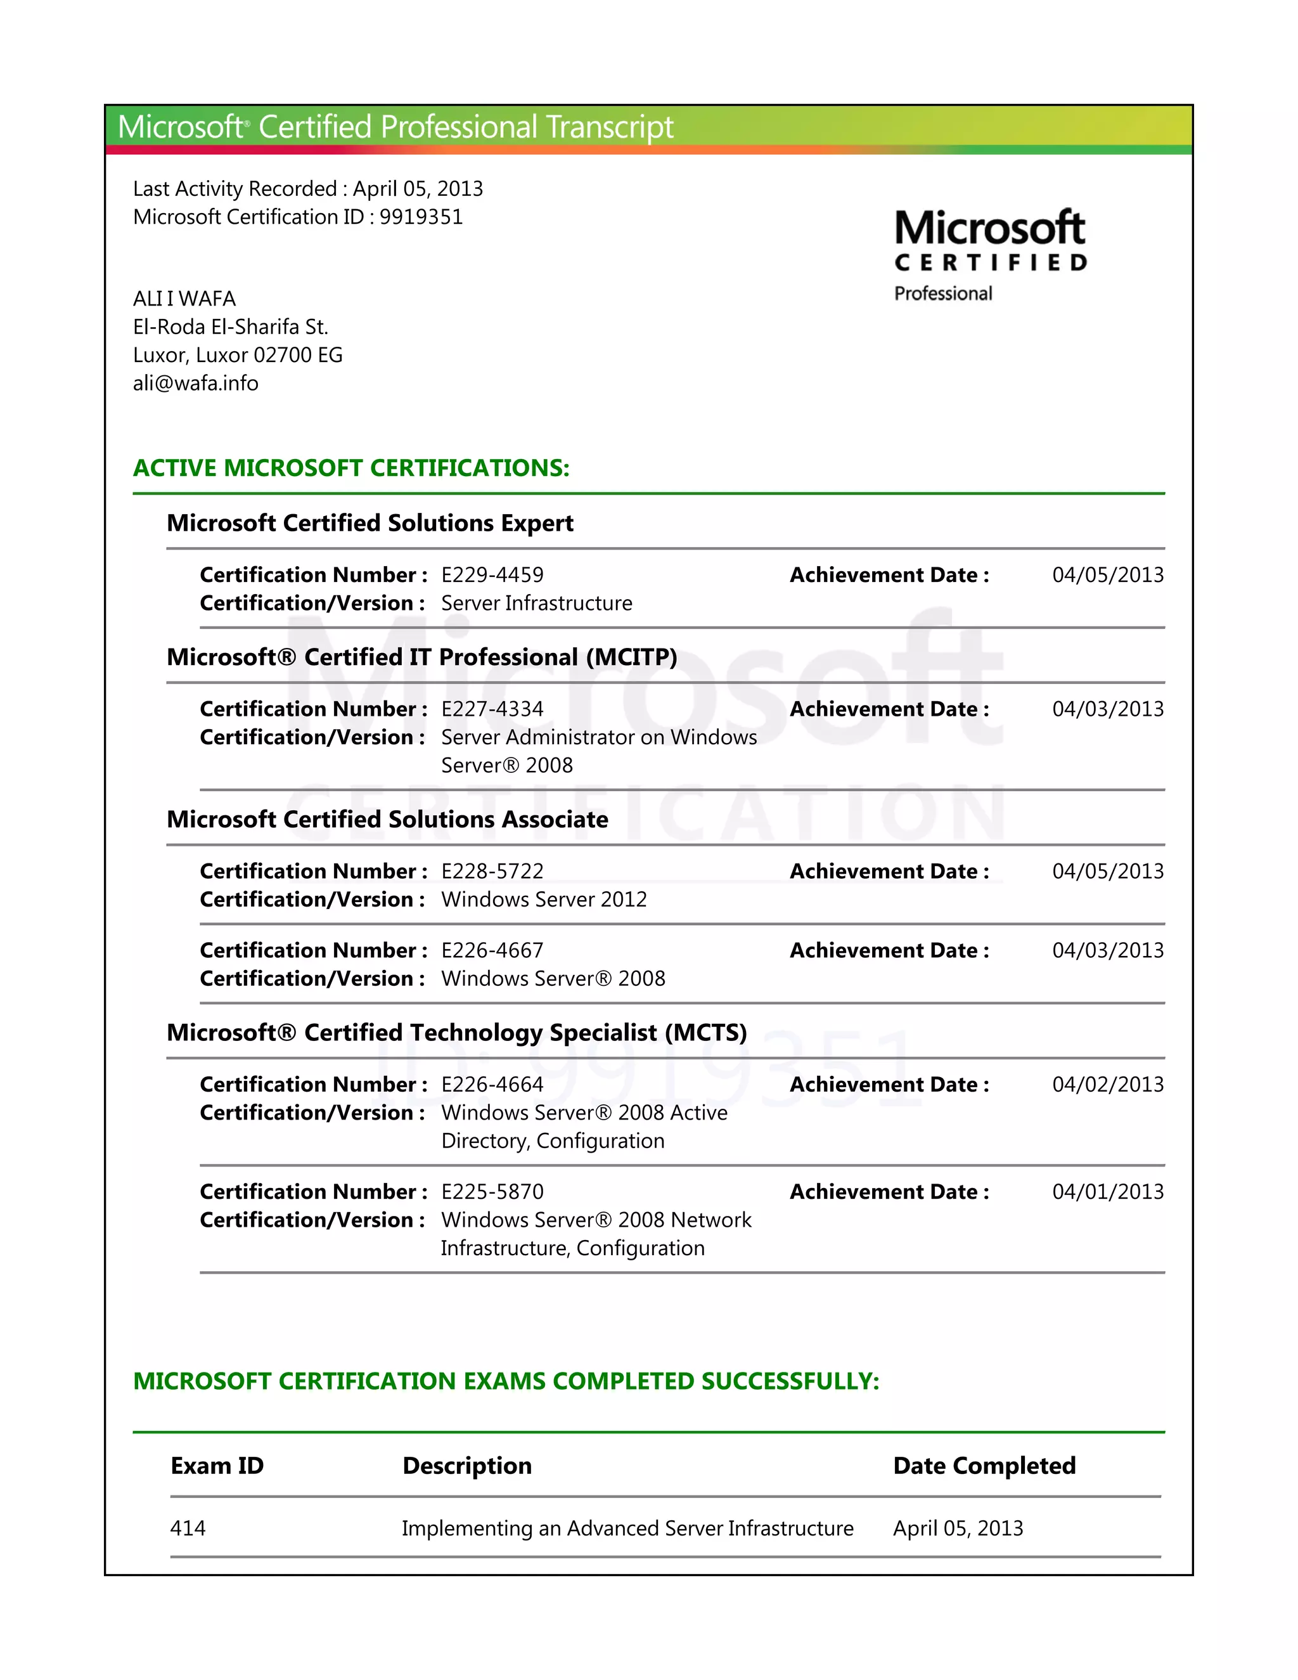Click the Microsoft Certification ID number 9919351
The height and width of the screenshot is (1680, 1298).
[x=421, y=217]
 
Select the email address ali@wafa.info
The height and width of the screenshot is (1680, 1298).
[x=195, y=383]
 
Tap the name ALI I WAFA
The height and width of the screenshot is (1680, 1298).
[x=184, y=299]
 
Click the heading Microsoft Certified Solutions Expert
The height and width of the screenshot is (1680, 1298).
[x=370, y=523]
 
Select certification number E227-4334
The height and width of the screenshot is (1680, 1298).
[x=492, y=709]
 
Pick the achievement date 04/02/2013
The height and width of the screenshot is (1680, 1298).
[x=1107, y=1085]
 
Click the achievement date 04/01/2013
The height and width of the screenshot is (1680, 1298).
[x=1107, y=1192]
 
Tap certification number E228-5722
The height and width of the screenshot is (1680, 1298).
[x=492, y=871]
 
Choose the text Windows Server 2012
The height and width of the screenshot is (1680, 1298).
[x=544, y=899]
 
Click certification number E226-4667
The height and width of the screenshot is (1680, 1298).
[x=492, y=950]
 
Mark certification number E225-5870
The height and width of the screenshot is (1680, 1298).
[x=492, y=1192]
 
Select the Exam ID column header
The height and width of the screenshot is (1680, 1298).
[x=217, y=1465]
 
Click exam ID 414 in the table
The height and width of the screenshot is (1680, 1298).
[x=188, y=1528]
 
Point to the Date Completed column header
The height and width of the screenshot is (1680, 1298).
[x=984, y=1465]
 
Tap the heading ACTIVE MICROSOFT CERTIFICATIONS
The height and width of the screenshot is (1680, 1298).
[x=351, y=468]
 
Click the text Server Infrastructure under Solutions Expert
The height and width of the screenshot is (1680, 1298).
[x=537, y=603]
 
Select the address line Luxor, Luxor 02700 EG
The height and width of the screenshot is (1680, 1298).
[x=238, y=354]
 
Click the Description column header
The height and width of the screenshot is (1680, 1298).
[x=466, y=1465]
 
